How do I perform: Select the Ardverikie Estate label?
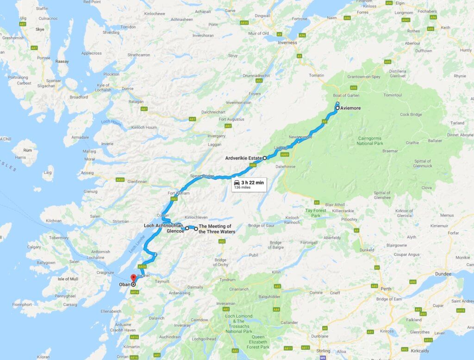[243, 158]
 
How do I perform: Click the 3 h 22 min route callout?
[249, 184]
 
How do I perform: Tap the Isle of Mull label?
[68, 279]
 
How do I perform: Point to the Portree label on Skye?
[44, 58]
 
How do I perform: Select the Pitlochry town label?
[350, 219]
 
